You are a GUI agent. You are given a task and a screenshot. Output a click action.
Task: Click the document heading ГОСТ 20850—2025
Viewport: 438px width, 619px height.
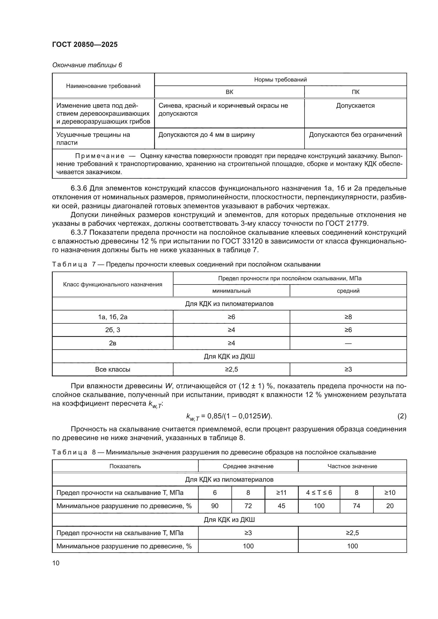coord(85,44)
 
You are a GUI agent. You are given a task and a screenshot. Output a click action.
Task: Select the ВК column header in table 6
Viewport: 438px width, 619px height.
coord(229,92)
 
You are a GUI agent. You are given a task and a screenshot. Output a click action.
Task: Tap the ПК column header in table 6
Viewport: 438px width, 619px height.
coord(355,92)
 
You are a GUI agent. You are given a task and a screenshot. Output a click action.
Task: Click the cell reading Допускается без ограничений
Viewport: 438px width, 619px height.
coord(355,134)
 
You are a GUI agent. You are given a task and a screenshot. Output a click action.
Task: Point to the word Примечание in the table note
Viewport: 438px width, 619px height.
coord(100,156)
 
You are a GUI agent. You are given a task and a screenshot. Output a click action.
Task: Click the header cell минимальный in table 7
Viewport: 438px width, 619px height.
coord(231,291)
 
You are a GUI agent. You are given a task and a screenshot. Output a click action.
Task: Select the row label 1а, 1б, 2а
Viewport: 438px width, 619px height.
coord(113,317)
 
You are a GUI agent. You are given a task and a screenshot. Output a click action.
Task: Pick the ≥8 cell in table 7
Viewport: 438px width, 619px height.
coord(348,317)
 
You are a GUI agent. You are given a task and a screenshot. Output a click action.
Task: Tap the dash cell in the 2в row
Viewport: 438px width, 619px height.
coord(348,343)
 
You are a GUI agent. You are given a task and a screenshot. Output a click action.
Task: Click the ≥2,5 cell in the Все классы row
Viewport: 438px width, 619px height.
coord(231,369)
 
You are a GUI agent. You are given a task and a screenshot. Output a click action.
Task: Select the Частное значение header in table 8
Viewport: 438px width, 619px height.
coord(352,466)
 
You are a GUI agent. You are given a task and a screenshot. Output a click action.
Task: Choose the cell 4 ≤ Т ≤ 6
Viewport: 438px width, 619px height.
coord(319,493)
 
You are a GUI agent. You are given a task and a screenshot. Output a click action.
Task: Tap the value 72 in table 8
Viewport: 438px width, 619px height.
coord(248,506)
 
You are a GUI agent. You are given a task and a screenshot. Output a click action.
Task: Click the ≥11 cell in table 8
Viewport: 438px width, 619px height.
coord(281,493)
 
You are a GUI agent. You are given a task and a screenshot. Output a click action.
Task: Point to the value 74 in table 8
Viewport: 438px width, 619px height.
coord(356,506)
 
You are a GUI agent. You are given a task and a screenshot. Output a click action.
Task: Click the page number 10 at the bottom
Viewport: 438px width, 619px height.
coord(56,563)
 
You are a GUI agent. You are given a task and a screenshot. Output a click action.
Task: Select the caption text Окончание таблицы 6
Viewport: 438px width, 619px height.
coord(87,65)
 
